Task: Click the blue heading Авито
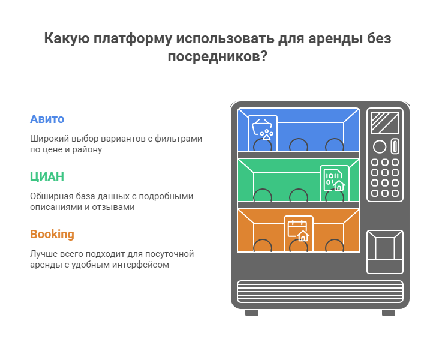point(47,119)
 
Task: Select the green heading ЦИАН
point(47,177)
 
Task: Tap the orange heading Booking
point(52,235)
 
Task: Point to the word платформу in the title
point(133,38)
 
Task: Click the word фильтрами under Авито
point(178,139)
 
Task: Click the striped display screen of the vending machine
point(384,123)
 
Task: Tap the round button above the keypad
point(380,147)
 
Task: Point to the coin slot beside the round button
point(395,146)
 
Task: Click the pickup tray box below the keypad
point(384,252)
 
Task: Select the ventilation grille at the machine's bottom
point(320,292)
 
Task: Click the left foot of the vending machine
point(252,313)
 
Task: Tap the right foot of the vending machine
point(389,313)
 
